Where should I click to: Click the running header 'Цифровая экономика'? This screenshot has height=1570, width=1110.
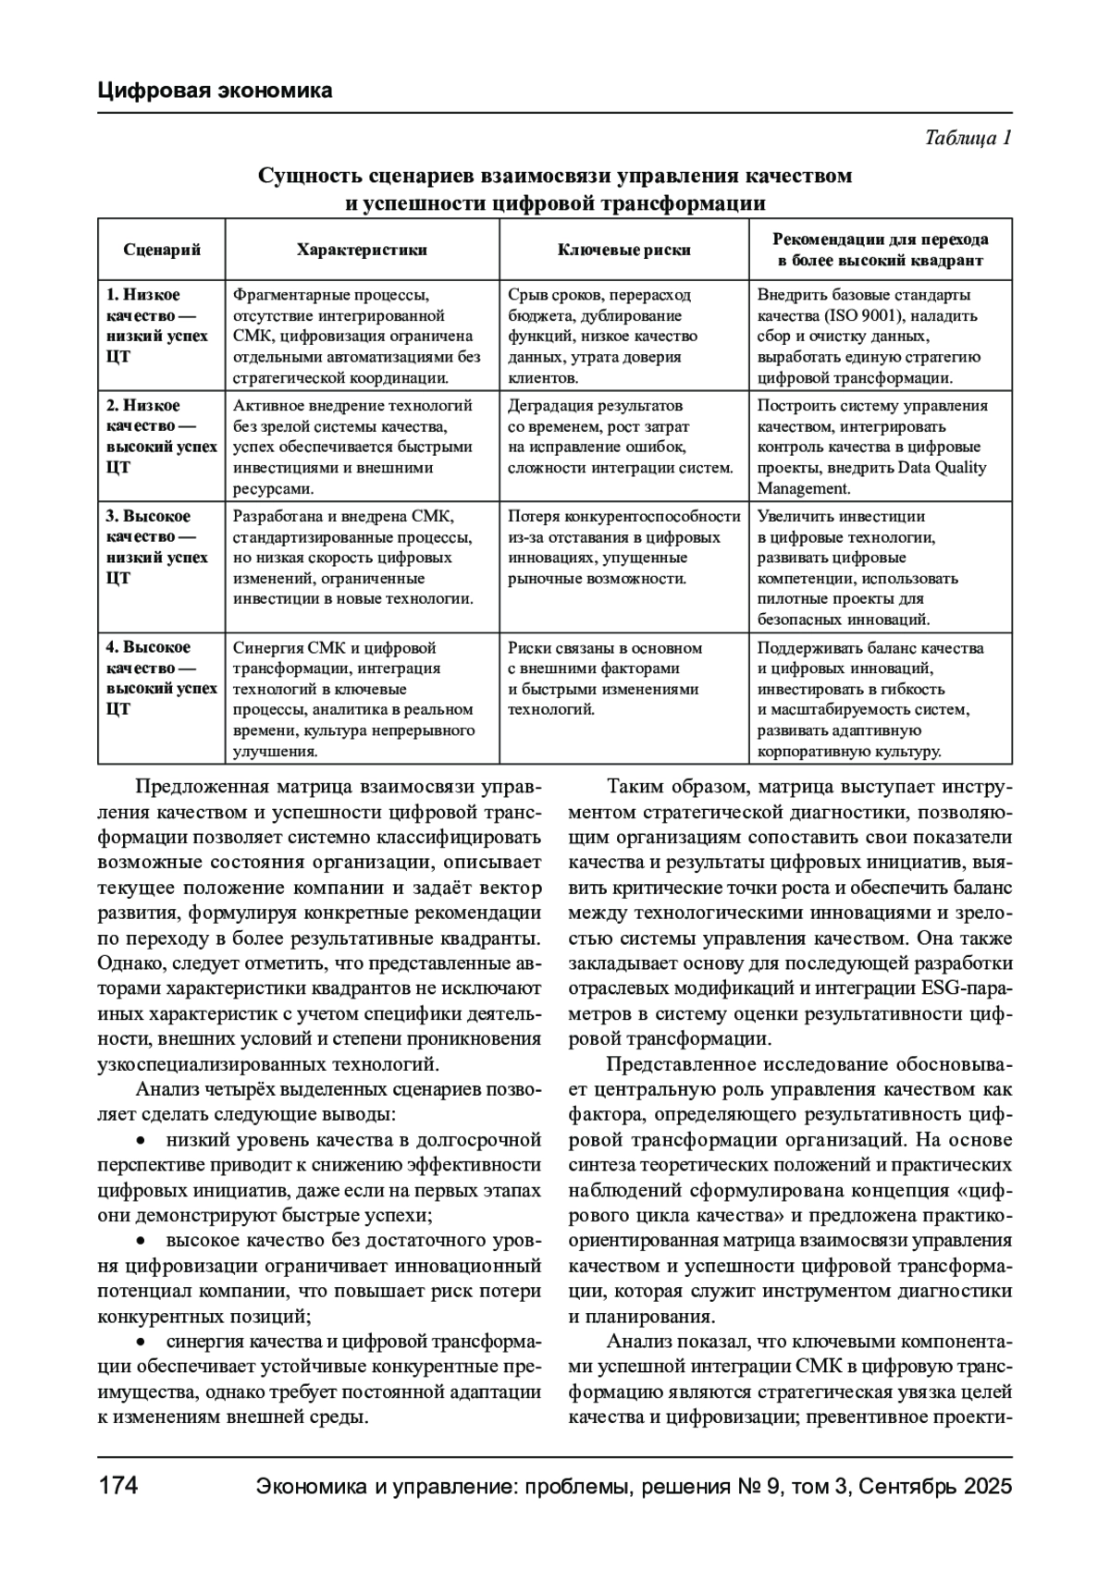click(x=215, y=91)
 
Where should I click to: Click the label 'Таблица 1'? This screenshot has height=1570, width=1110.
click(x=968, y=139)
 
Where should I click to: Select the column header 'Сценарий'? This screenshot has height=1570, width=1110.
click(x=162, y=250)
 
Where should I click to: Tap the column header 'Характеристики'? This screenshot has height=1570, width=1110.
click(x=362, y=250)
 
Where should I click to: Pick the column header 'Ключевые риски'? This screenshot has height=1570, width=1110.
click(x=624, y=250)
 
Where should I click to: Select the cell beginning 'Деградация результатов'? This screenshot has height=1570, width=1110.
click(x=620, y=436)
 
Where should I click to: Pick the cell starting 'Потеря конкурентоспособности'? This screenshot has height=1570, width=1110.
click(x=624, y=547)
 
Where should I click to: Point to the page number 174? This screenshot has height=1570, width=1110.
click(x=117, y=1486)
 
